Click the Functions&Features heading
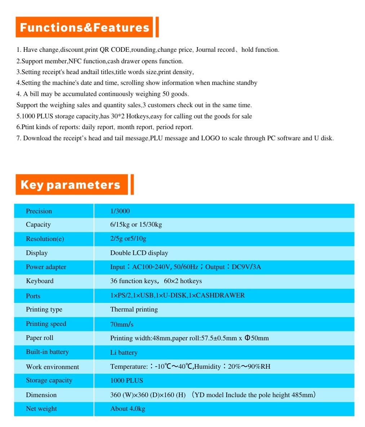[84, 27]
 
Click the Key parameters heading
[71, 185]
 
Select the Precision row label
[39, 211]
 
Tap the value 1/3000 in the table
[120, 211]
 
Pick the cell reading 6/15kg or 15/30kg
[136, 225]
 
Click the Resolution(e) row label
[45, 239]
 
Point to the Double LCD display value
[139, 253]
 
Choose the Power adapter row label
[46, 267]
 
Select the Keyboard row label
[40, 281]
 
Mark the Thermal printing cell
[134, 309]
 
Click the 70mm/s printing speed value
[122, 324]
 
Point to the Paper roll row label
[40, 338]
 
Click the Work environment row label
[52, 367]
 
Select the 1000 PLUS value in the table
[126, 381]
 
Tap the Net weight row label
[41, 409]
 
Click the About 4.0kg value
[128, 409]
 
